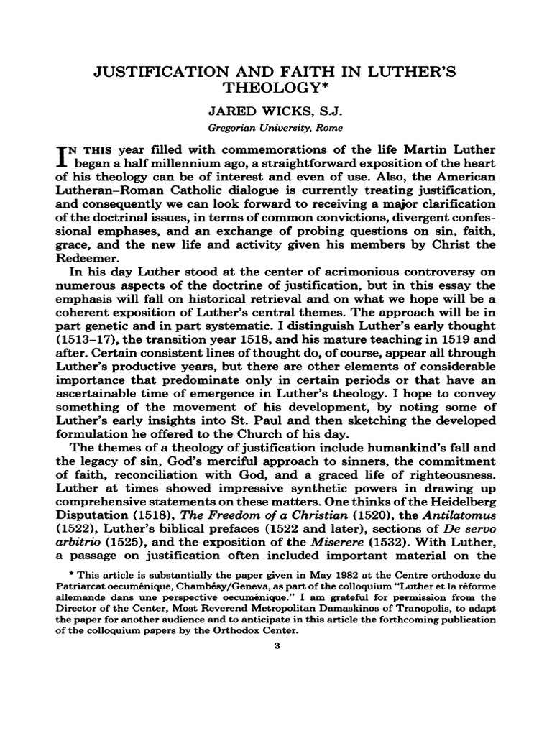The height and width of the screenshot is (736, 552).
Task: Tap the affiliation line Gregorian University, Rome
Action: (x=275, y=128)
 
